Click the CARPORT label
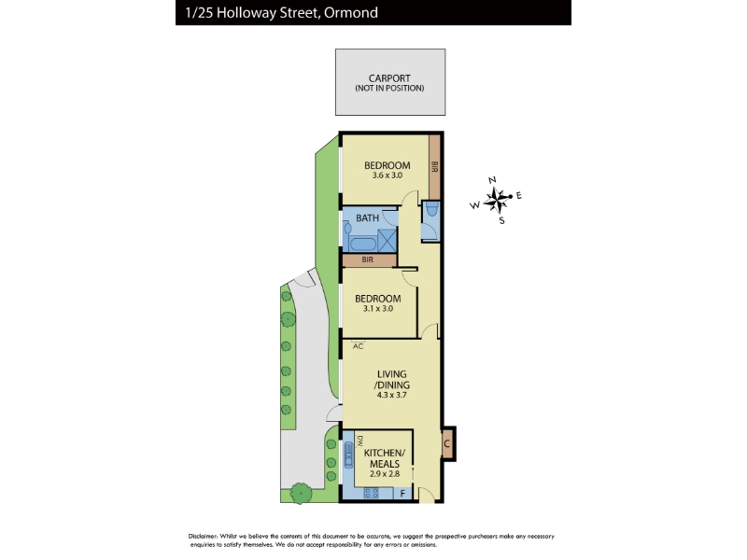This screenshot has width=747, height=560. pos(389,78)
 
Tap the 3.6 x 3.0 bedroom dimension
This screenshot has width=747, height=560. pos(388,175)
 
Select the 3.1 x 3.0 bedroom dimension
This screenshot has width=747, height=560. pos(378,309)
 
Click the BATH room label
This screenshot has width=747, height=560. pos(367,218)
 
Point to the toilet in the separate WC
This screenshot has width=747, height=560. pos(432,209)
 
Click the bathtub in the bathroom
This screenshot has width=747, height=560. pos(363,245)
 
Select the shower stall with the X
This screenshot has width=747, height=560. pos(388,240)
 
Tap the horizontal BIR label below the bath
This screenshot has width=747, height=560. pos(367,260)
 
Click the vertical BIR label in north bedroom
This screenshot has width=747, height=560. pos(434,167)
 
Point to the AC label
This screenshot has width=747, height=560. pos(358,346)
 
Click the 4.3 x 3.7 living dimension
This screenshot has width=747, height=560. pos(391,395)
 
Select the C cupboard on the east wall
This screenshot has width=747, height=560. pos(447,444)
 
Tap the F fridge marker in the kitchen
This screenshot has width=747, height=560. pos(402,494)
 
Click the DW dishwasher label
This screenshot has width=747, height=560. pos(360,440)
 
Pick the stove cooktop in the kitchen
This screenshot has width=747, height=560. pos(371,493)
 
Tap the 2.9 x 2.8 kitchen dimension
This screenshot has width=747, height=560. pos(385,474)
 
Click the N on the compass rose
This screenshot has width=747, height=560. pos(493,180)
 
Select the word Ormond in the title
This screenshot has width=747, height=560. pos(351,12)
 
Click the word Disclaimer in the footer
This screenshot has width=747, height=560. pos(204,536)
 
